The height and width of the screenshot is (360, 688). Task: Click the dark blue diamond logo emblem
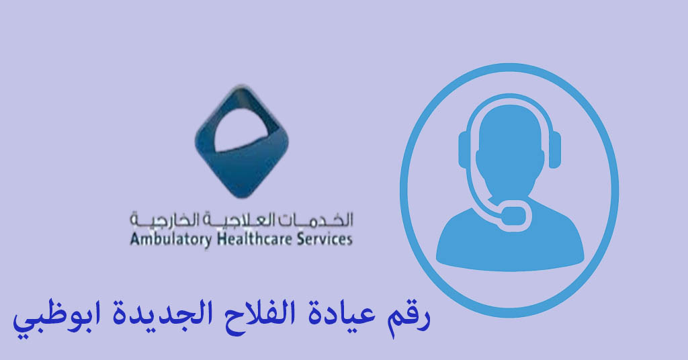tap(242, 141)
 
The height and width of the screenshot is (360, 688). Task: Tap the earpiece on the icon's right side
tap(554, 149)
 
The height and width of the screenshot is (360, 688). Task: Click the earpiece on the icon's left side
tap(464, 149)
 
